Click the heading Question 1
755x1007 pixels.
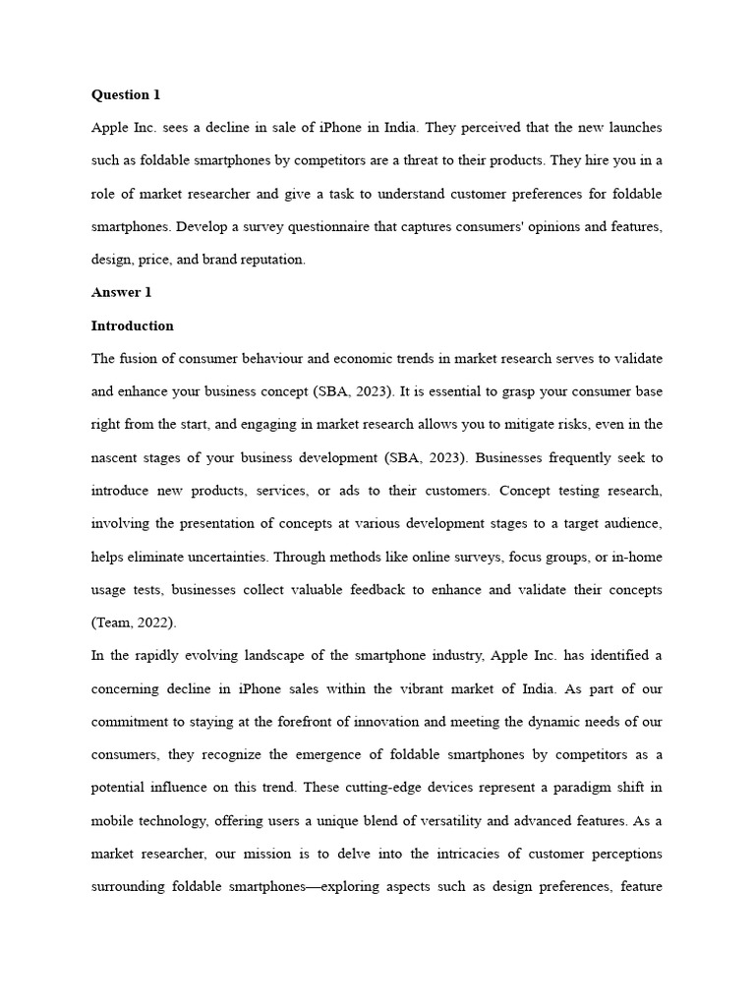point(125,95)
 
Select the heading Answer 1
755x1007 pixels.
point(121,293)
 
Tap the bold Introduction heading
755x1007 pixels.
point(132,326)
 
